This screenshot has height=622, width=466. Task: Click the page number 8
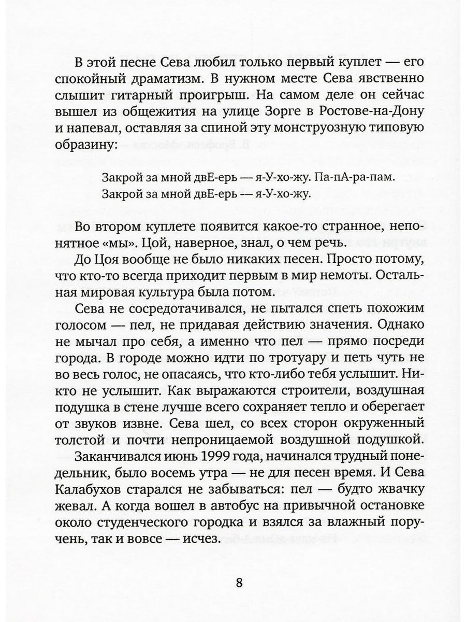click(x=239, y=582)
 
